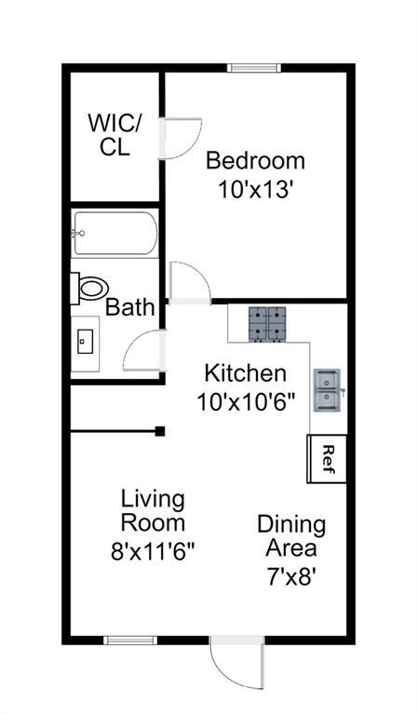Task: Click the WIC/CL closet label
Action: tap(114, 135)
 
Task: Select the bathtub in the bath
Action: tap(115, 233)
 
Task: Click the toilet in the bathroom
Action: tap(89, 289)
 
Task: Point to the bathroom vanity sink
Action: tap(86, 341)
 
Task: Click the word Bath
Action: tap(130, 307)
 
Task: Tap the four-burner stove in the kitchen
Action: tap(267, 324)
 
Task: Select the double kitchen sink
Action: tap(328, 390)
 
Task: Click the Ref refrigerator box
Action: tap(327, 458)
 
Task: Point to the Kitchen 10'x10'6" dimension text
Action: tap(246, 402)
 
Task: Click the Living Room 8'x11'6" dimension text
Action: tap(153, 551)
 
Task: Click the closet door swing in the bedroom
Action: tap(180, 139)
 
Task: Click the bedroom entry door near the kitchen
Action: tap(190, 283)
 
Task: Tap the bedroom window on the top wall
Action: tap(254, 68)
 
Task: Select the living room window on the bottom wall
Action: tap(130, 641)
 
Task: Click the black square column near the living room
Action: tap(159, 431)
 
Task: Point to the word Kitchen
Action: tap(245, 373)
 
